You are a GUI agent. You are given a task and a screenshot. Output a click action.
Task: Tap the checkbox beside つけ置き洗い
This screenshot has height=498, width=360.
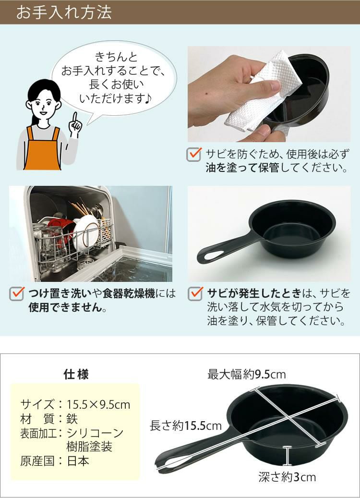[x=17, y=293]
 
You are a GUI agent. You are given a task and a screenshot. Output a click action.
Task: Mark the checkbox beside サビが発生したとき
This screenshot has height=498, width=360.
[x=194, y=293]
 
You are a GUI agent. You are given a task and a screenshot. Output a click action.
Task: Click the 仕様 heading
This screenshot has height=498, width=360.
[x=76, y=375]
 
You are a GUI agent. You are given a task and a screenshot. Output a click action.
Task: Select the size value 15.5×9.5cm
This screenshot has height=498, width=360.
[x=99, y=404]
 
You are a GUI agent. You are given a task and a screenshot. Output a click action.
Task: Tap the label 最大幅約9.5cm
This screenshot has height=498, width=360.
[x=247, y=374]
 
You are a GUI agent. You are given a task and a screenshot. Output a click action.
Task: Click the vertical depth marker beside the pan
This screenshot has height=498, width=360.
[x=287, y=456]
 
